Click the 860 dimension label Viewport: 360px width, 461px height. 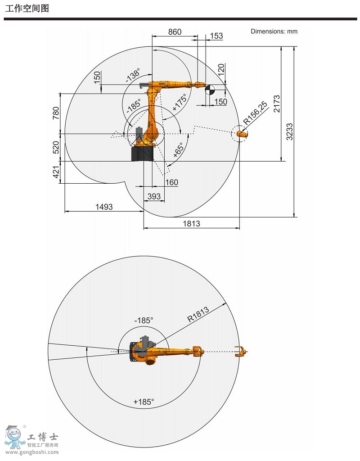pos(175,32)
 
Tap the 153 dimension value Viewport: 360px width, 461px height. pos(216,36)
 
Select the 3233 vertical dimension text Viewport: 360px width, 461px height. pos(289,132)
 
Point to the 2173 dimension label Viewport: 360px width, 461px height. pos(277,104)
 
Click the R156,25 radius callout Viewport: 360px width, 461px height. pos(255,113)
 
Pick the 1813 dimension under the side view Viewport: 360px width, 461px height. pos(191,224)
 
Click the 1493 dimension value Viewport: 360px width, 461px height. pos(104,207)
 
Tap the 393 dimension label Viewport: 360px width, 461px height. pos(154,196)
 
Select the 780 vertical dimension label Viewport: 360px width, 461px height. pos(56,113)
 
